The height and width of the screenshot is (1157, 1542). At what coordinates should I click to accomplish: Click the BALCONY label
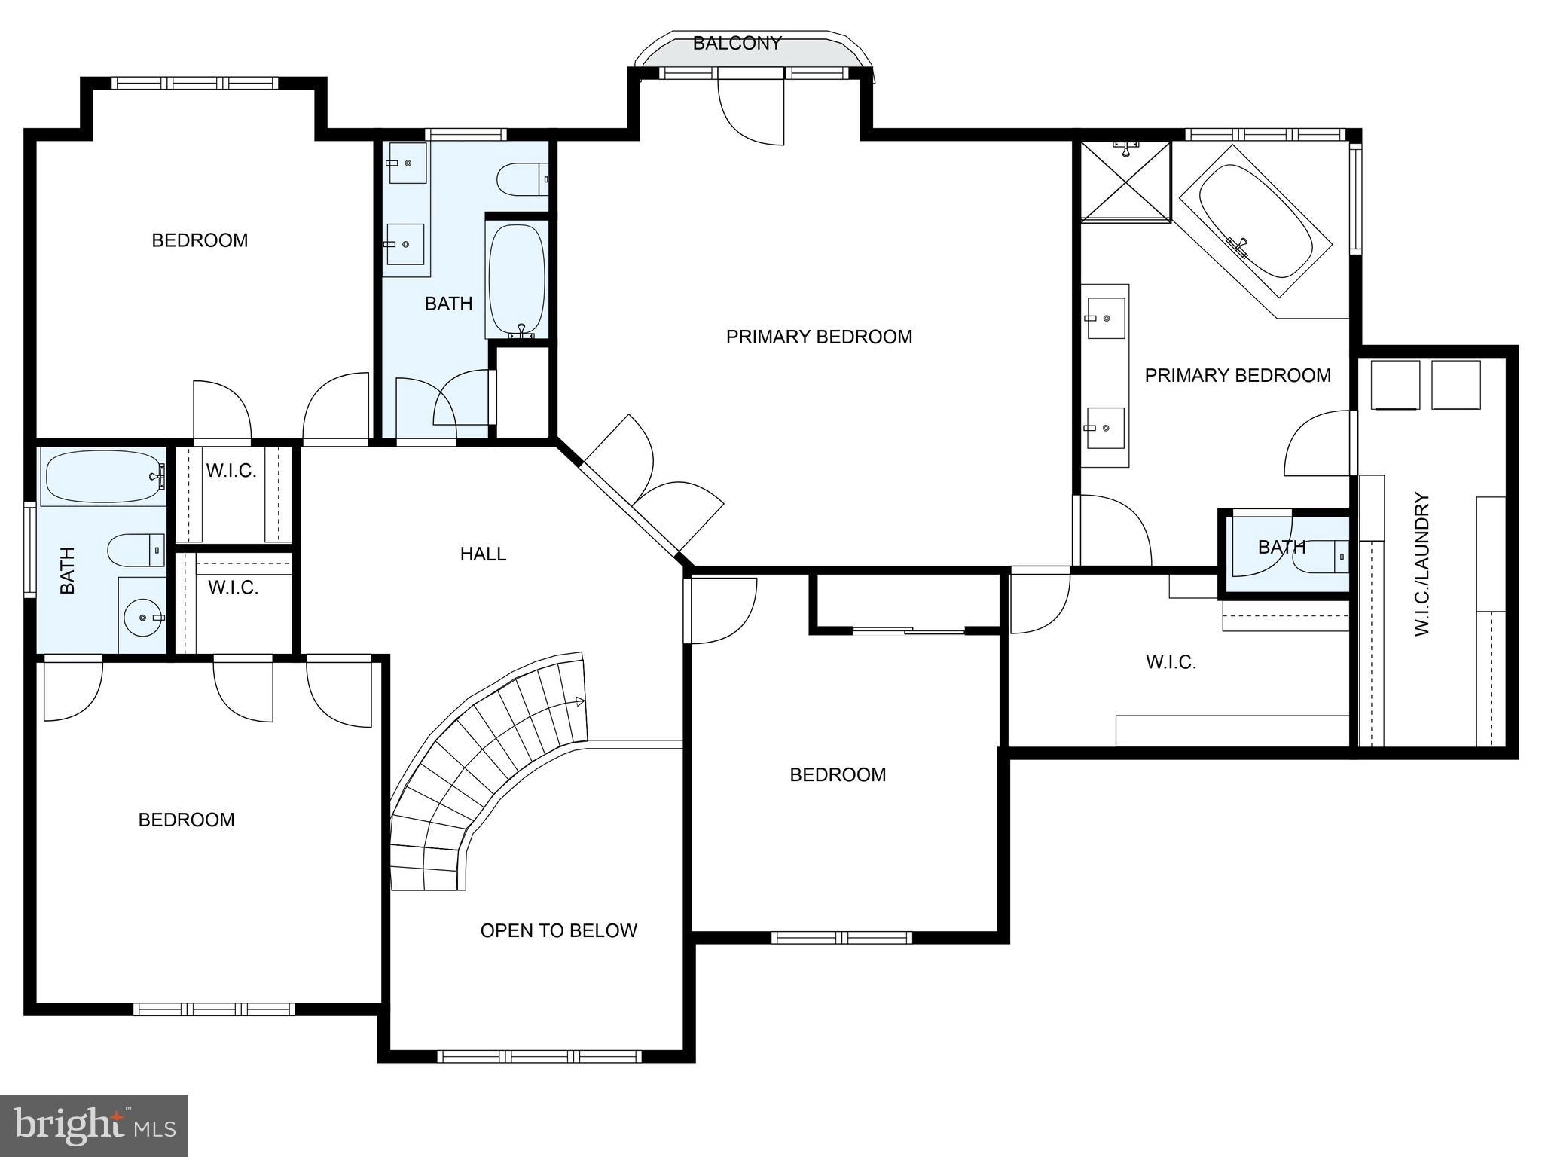point(736,44)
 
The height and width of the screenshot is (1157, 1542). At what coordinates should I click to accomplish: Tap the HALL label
point(483,554)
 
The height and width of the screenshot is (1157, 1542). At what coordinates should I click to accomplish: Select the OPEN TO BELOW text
point(558,931)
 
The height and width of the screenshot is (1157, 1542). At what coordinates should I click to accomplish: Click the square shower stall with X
point(1125,182)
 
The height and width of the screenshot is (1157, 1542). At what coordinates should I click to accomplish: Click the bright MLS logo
point(93,1125)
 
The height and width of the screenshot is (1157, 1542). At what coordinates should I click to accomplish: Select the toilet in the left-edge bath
point(136,550)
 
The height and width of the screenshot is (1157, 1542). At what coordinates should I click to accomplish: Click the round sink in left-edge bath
point(142,617)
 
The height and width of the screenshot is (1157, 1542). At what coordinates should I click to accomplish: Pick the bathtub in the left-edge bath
point(103,476)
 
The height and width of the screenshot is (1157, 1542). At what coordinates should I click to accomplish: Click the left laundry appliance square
point(1395,384)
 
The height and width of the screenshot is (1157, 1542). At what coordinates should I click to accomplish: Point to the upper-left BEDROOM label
point(200,240)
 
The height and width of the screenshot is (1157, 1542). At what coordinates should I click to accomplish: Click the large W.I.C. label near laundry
point(1171,662)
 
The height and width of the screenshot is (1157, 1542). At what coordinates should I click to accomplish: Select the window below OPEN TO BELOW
point(539,1056)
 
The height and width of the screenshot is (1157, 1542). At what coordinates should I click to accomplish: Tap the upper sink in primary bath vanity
point(1106,318)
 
